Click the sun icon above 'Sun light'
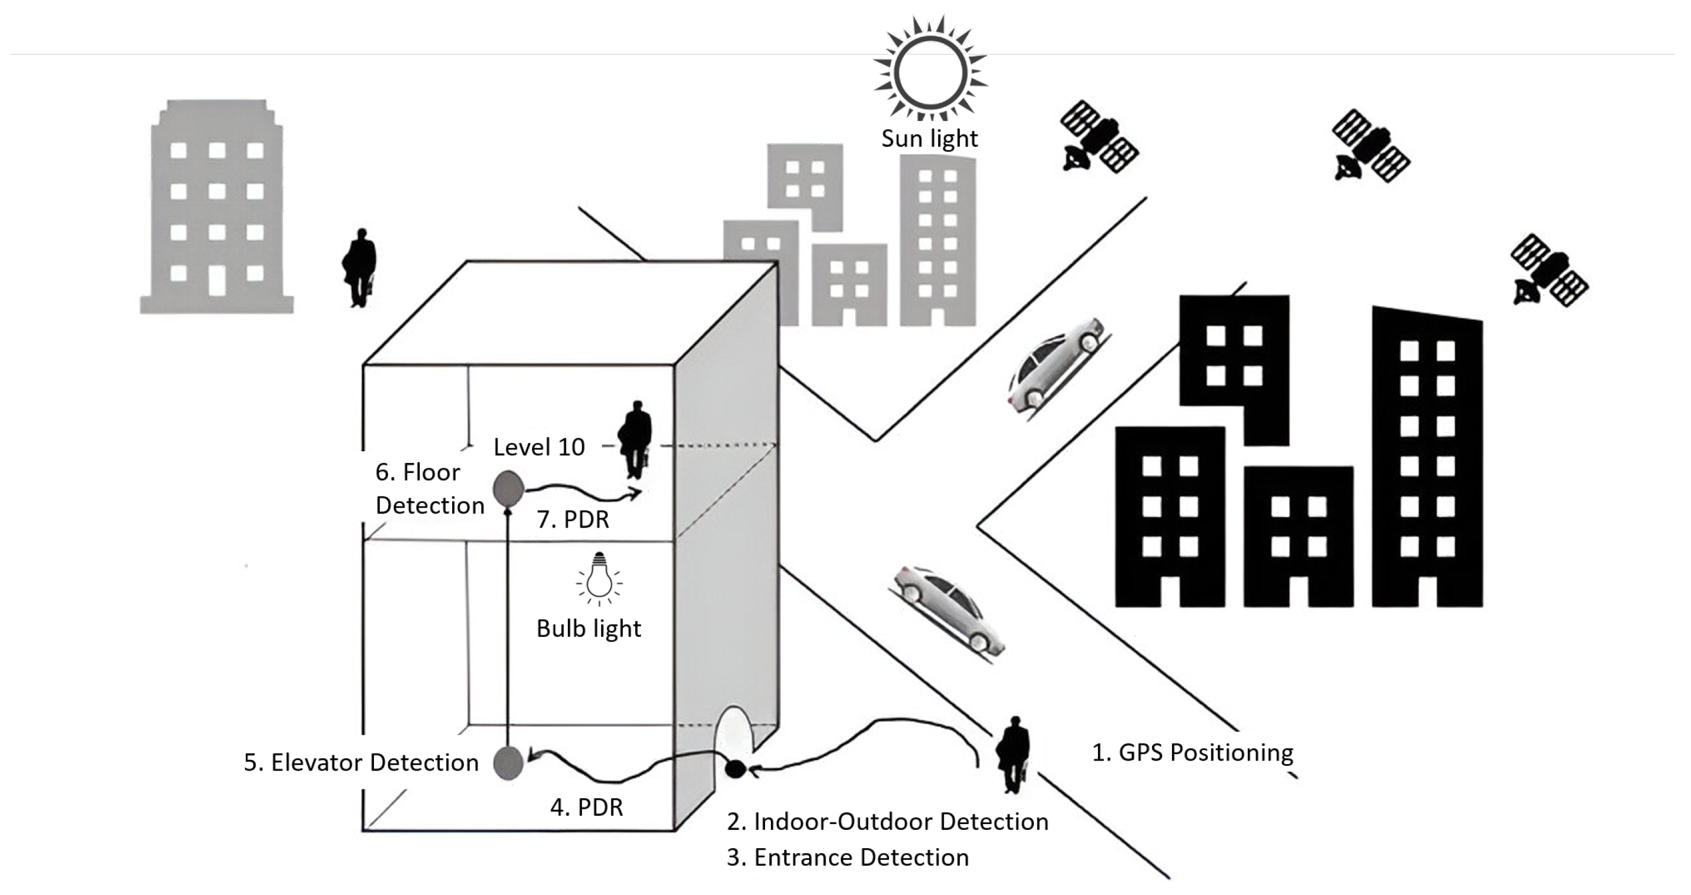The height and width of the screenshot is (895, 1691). point(930,71)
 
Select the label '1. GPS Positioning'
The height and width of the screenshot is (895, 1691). point(1191,752)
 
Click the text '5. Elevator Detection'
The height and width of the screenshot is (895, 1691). point(361,762)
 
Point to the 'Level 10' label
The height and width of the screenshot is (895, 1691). point(539,447)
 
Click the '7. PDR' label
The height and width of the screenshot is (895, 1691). point(573,519)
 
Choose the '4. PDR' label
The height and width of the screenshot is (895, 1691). point(586,807)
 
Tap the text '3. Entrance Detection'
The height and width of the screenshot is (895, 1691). point(847,857)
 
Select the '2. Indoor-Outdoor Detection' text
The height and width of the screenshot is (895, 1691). point(887,822)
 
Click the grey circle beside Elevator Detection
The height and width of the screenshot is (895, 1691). point(507,763)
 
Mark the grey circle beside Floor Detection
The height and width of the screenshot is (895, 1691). point(508,488)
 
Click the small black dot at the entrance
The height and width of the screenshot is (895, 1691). point(735,768)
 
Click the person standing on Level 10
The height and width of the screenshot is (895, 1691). point(635,439)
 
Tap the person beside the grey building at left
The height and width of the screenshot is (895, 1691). point(360,268)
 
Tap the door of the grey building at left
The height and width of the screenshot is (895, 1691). point(217,280)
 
